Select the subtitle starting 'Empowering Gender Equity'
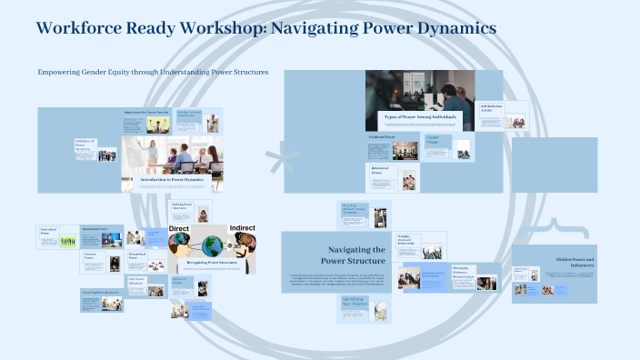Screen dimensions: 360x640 [153, 73]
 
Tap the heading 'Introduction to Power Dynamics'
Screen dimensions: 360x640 [172, 179]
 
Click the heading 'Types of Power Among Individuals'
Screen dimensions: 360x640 [419, 118]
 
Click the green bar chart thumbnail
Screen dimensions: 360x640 [67, 242]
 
